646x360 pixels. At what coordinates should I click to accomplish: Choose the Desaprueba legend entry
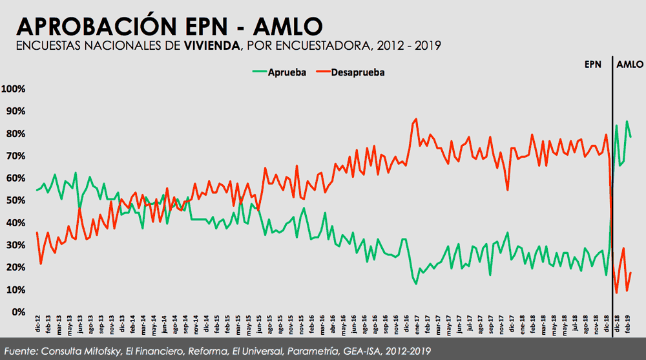tap(358, 72)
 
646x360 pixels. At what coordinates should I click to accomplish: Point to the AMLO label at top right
tap(630, 65)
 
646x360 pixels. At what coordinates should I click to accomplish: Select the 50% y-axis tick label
tap(15, 200)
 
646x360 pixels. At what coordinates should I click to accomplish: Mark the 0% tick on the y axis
tap(17, 312)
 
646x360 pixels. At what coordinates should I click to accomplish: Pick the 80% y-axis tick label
tap(15, 133)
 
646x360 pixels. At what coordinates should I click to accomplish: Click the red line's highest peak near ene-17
tap(415, 119)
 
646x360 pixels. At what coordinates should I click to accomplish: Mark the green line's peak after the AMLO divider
tap(627, 121)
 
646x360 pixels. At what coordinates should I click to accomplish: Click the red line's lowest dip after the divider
tap(617, 293)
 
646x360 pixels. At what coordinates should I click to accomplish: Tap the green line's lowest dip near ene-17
tap(415, 283)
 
